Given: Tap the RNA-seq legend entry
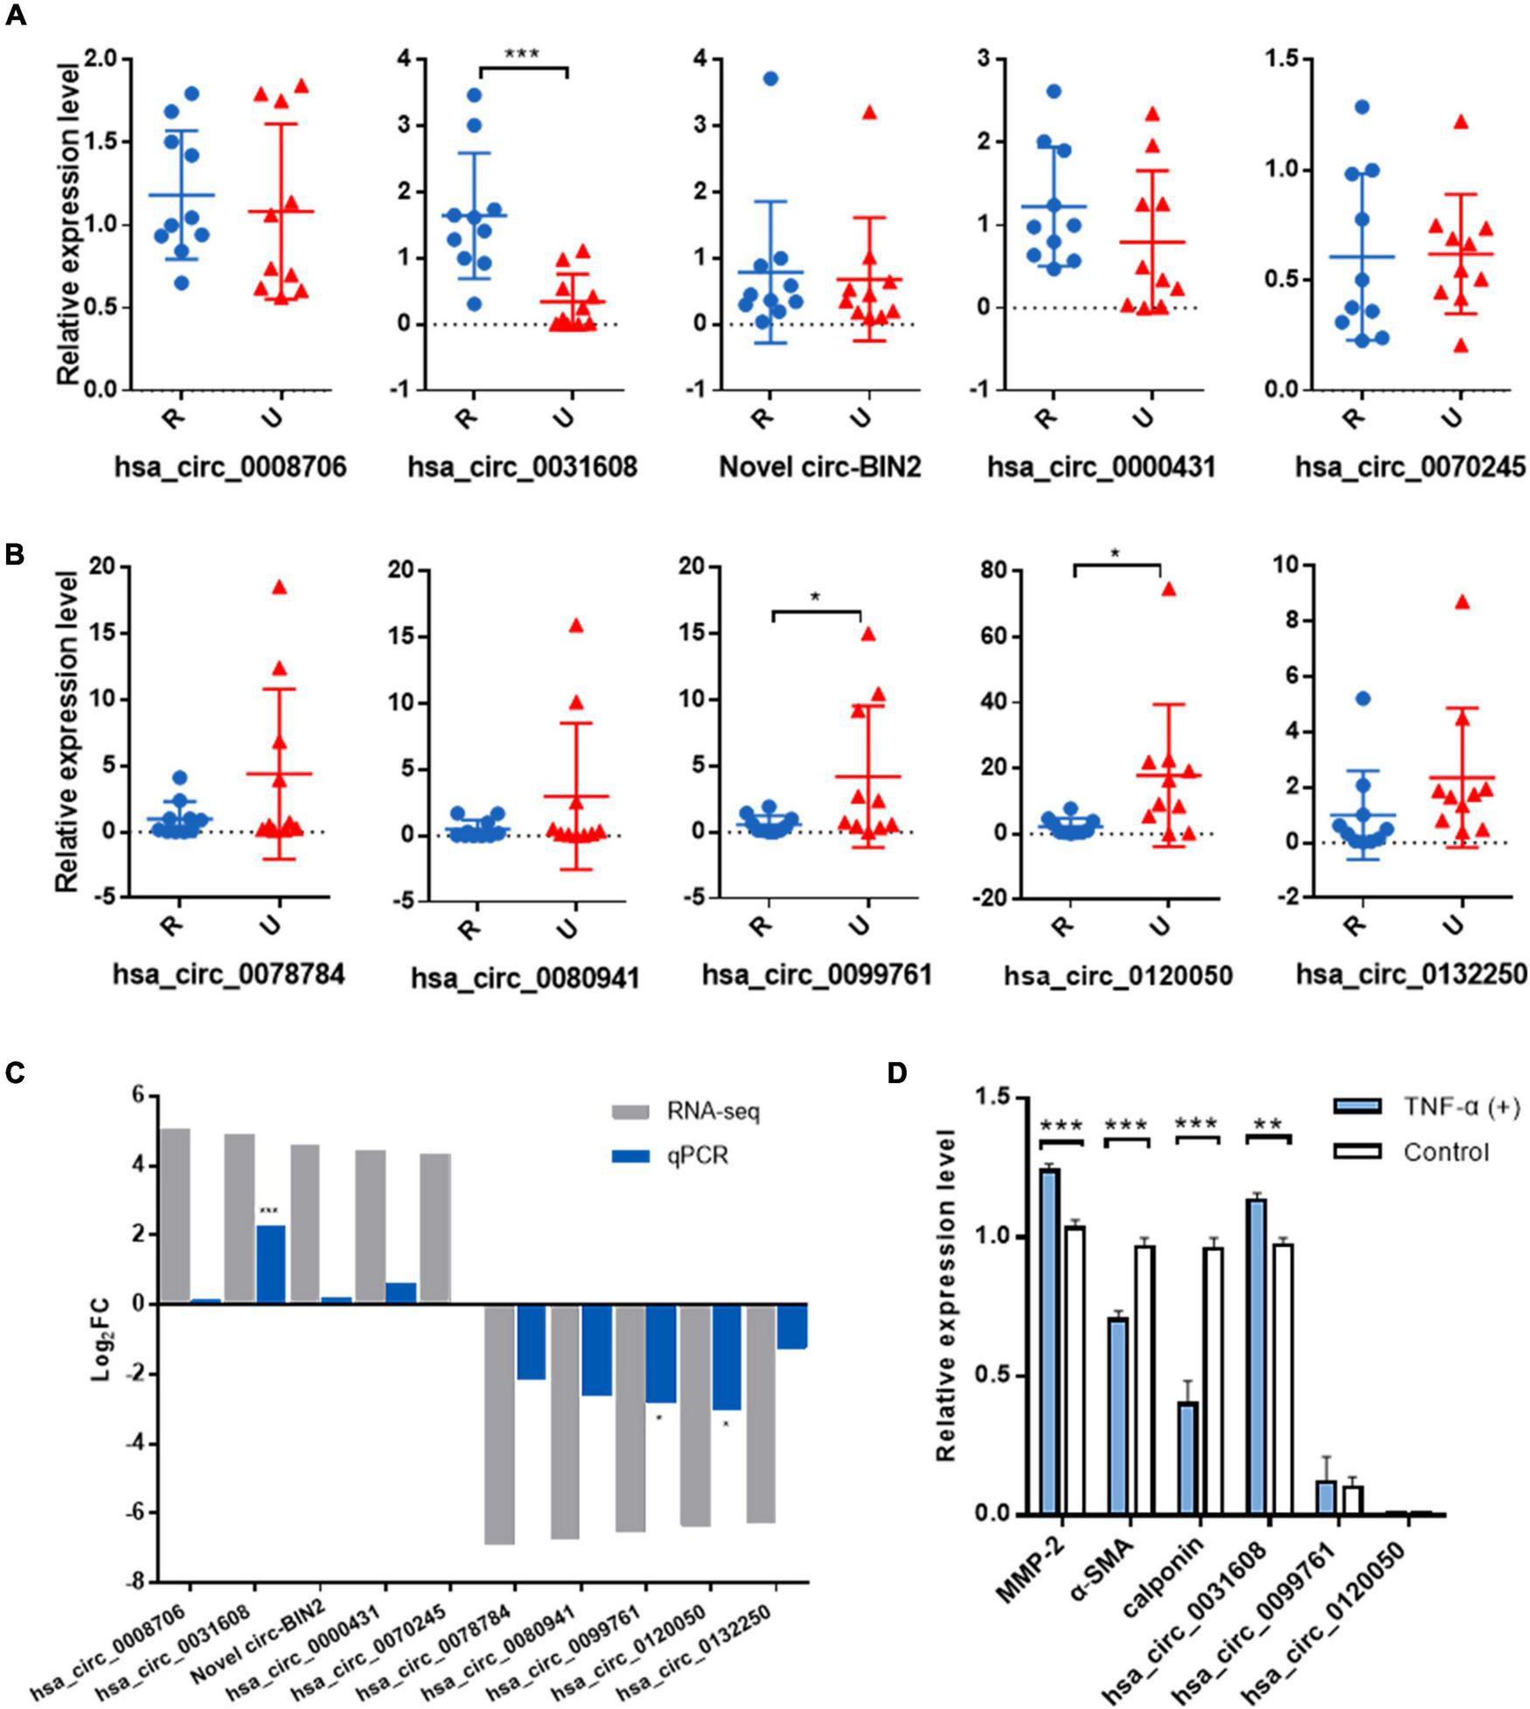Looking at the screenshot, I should pos(713,1113).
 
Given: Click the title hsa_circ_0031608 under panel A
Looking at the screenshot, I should pos(522,467).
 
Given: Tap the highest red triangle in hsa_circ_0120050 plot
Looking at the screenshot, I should pos(1168,588).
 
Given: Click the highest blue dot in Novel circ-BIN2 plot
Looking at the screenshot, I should pos(770,79).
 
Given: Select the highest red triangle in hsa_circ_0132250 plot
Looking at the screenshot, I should pos(1462,601).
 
